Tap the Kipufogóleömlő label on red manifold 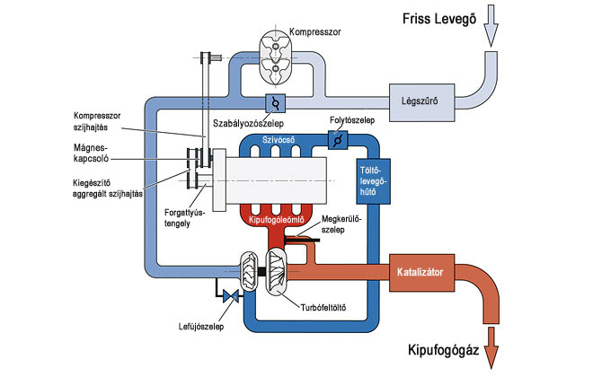click(278, 220)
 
